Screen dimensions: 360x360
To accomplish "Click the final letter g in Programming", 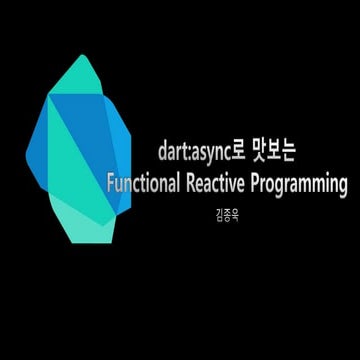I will (x=341, y=187).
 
